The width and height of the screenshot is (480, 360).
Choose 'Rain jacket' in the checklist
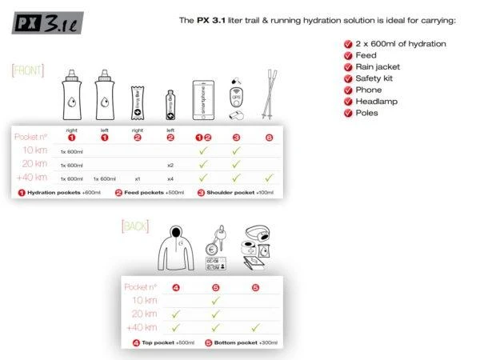click(378, 67)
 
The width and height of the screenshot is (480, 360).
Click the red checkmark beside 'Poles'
click(347, 114)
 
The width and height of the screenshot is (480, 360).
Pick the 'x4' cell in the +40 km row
click(170, 178)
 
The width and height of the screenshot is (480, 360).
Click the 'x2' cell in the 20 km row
click(170, 165)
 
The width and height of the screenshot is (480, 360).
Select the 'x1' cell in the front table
click(138, 178)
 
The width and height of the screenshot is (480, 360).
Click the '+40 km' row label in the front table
click(30, 178)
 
